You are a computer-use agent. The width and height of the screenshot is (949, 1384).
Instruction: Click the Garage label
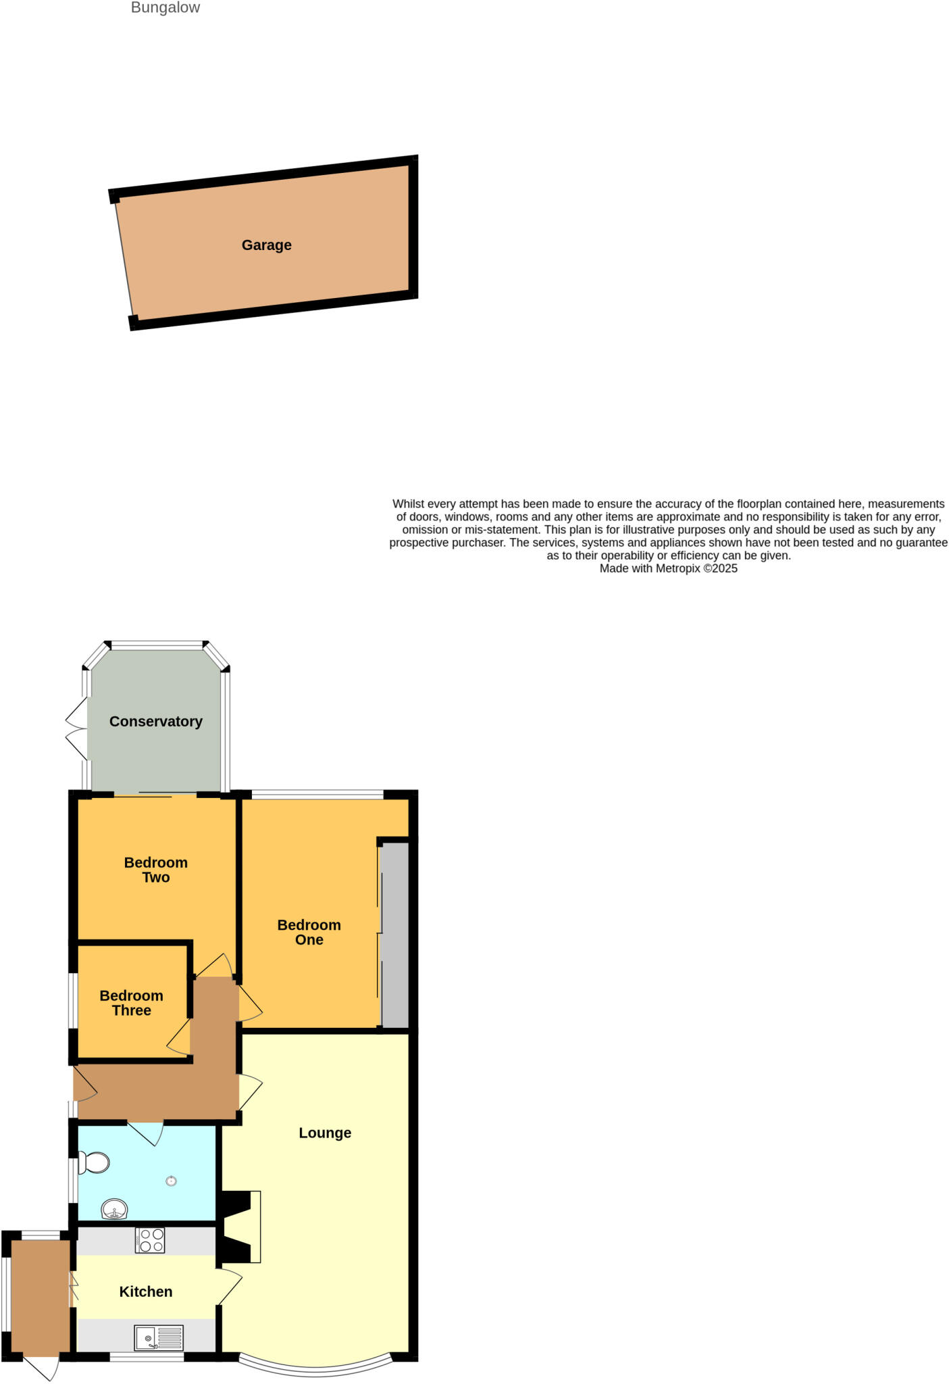point(266,245)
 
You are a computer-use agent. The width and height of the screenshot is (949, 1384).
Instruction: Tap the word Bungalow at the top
point(165,8)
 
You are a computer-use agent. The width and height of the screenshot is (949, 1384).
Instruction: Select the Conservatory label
point(155,722)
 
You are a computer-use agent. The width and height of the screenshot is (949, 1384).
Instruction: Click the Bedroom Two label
point(155,870)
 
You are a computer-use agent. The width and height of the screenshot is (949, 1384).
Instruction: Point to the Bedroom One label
point(309,932)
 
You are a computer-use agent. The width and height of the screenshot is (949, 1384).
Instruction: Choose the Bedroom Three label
point(131,1003)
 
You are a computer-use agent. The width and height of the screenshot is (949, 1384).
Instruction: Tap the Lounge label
point(325,1133)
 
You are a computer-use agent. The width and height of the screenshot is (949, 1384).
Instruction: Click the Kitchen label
point(145,1292)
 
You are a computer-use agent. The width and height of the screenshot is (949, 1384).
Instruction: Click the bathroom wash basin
point(115,1209)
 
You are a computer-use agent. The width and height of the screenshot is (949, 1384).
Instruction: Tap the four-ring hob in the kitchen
point(150,1240)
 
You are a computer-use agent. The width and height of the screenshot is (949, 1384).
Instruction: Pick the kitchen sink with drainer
point(159,1338)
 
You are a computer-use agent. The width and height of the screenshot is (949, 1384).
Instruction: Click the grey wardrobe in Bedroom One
point(395,936)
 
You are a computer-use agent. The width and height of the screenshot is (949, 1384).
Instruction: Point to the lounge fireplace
point(240,1227)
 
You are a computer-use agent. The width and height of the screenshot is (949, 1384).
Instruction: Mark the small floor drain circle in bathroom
point(171,1181)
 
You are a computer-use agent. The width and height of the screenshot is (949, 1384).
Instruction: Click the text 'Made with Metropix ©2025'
point(668,569)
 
